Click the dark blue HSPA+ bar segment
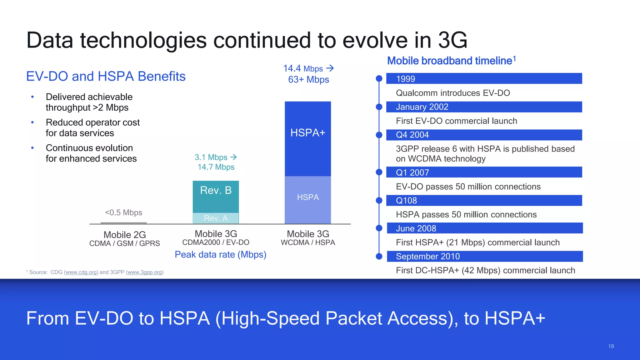[x=308, y=139]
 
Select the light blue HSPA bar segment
[x=308, y=200]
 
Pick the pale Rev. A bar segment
[x=216, y=218]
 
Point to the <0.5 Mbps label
[x=123, y=212]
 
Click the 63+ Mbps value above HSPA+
[x=308, y=80]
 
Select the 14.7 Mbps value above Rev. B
[x=216, y=167]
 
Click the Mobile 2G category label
[x=125, y=235]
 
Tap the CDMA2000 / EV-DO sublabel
[x=216, y=242]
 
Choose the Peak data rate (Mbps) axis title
[x=220, y=254]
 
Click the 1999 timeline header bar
[x=484, y=78]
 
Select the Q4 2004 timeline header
[x=484, y=135]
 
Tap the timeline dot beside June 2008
[x=379, y=228]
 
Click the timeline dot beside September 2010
[x=379, y=256]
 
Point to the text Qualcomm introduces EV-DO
[x=453, y=93]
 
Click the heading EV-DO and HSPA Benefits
[x=106, y=76]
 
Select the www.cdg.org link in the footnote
[x=81, y=272]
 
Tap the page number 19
[x=611, y=346]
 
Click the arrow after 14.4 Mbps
[x=330, y=68]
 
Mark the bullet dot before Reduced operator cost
[x=32, y=122]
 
